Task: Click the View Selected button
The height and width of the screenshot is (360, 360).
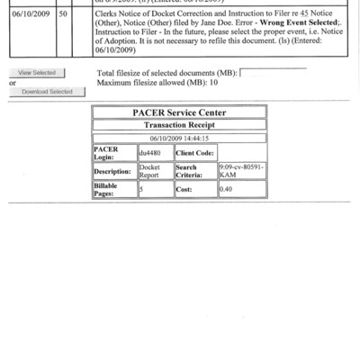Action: tap(37, 72)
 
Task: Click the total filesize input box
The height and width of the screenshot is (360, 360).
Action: tap(273, 72)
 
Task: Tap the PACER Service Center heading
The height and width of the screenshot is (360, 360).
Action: tap(179, 112)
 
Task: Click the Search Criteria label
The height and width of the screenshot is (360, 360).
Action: tap(191, 171)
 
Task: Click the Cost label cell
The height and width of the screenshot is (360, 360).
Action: tap(191, 190)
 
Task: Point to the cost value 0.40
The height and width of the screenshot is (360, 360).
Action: tap(227, 190)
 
